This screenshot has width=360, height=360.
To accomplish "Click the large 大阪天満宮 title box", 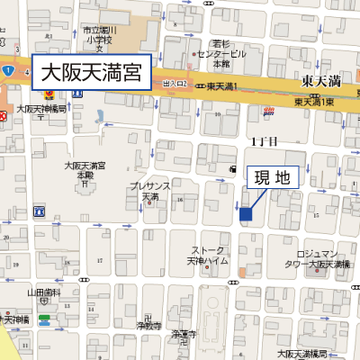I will [x=90, y=72].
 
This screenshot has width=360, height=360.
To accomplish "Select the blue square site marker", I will [x=245, y=213].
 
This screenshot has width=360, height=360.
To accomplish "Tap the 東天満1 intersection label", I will [x=221, y=86].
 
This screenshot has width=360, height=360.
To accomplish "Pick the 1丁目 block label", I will [x=264, y=141].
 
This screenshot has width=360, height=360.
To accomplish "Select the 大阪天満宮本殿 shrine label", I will [x=85, y=171].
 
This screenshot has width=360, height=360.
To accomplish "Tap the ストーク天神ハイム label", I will [x=207, y=256].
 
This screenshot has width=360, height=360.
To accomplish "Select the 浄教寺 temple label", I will [x=149, y=325].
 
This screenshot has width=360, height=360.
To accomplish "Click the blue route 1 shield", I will [x=6, y=70].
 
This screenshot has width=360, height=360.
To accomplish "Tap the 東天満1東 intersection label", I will [x=314, y=101].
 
